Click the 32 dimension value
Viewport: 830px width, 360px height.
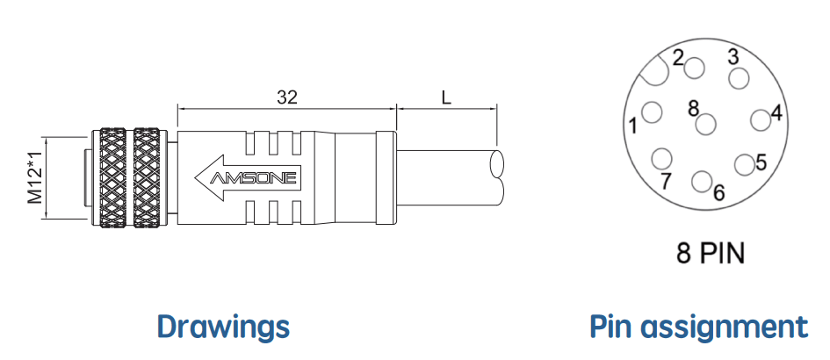click(287, 97)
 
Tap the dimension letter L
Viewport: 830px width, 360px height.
click(446, 97)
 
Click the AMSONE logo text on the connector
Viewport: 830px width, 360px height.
click(253, 178)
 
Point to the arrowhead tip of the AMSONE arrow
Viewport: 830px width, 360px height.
click(195, 178)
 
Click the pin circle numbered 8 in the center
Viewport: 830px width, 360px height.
click(705, 125)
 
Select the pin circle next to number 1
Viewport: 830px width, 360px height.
click(652, 112)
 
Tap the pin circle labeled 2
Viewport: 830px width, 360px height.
click(695, 68)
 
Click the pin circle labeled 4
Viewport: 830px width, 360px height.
click(761, 120)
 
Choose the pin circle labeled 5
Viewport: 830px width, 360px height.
click(745, 165)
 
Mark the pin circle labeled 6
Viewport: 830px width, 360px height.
click(702, 181)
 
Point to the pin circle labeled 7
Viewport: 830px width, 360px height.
click(661, 159)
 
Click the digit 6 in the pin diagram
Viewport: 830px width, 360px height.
click(718, 193)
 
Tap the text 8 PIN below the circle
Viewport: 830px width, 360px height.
click(711, 253)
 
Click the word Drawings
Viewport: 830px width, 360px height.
click(223, 326)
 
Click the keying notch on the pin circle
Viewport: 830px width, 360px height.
click(656, 71)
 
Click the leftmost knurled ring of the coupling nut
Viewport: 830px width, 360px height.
click(112, 178)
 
